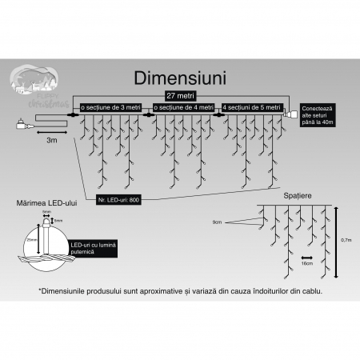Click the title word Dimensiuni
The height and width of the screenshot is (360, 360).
click(x=180, y=80)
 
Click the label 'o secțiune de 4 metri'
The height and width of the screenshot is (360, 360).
click(x=182, y=106)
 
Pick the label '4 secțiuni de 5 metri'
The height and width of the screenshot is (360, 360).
click(x=252, y=106)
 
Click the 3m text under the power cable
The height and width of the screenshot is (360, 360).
click(x=51, y=139)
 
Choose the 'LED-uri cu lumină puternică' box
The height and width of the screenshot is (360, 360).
click(x=93, y=248)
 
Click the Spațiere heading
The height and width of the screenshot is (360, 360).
click(x=297, y=194)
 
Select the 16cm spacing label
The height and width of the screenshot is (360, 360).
click(x=306, y=261)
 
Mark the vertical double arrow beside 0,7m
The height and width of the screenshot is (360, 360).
click(x=336, y=238)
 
